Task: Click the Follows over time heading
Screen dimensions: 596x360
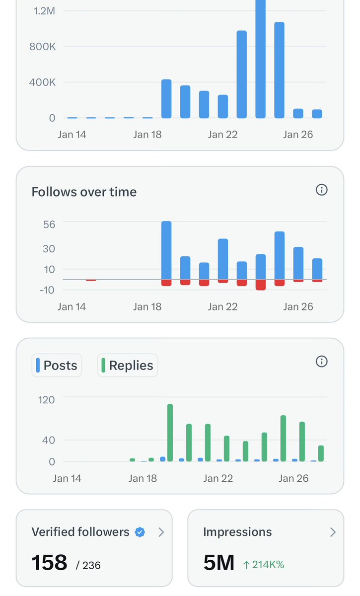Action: coord(84,192)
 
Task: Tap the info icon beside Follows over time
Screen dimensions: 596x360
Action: coord(322,190)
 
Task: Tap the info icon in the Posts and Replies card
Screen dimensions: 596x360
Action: coord(322,361)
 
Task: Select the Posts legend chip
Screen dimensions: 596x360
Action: coord(57,366)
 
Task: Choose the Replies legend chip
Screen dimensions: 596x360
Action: coord(128,366)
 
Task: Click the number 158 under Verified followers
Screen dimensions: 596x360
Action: coord(49,563)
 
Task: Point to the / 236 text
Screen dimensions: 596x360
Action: coord(88,565)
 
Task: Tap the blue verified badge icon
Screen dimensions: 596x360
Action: coord(140,532)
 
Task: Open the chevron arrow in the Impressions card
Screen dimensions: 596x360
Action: coord(333,532)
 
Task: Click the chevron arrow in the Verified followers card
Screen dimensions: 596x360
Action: coord(161,532)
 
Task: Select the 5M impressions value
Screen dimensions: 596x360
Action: coord(218,563)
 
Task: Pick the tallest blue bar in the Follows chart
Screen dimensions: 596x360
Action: coord(166,250)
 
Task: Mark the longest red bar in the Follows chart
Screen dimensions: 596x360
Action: coord(261,285)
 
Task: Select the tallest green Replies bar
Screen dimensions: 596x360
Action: coord(170,432)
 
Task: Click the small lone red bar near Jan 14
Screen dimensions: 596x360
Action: coord(91,280)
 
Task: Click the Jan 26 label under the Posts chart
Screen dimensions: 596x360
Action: coord(293,478)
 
